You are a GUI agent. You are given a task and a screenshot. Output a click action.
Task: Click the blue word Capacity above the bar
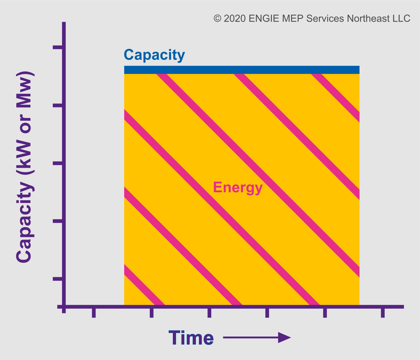(x=154, y=55)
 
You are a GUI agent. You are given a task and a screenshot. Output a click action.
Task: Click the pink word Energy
(x=238, y=188)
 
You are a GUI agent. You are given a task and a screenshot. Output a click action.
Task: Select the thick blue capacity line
(x=242, y=70)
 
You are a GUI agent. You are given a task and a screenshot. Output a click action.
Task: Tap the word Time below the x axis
(x=191, y=338)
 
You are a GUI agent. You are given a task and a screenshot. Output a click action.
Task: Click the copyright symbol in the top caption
(x=217, y=18)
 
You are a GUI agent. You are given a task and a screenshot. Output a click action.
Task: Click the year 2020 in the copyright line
(x=235, y=18)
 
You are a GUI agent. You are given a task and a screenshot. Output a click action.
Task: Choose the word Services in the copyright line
(x=325, y=18)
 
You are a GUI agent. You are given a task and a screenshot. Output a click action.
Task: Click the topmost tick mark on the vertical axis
(x=58, y=47)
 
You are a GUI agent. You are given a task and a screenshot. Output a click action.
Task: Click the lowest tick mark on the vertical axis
(x=58, y=279)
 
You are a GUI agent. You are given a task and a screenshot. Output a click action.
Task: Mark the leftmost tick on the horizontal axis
(x=94, y=313)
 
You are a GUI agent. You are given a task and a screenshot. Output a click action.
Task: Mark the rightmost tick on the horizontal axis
(x=383, y=313)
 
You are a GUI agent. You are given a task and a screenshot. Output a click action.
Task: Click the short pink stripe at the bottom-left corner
(x=144, y=285)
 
